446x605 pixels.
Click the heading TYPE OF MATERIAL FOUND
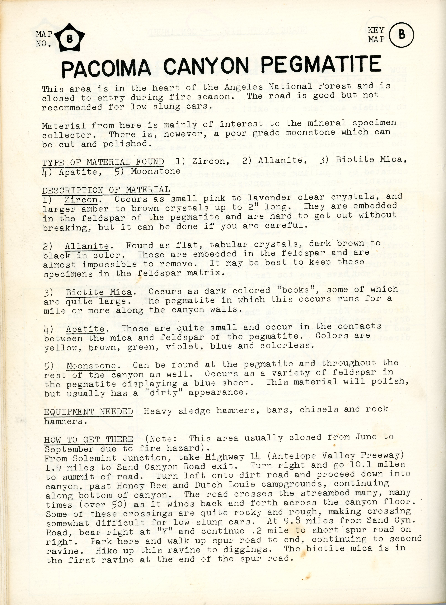(x=103, y=162)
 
